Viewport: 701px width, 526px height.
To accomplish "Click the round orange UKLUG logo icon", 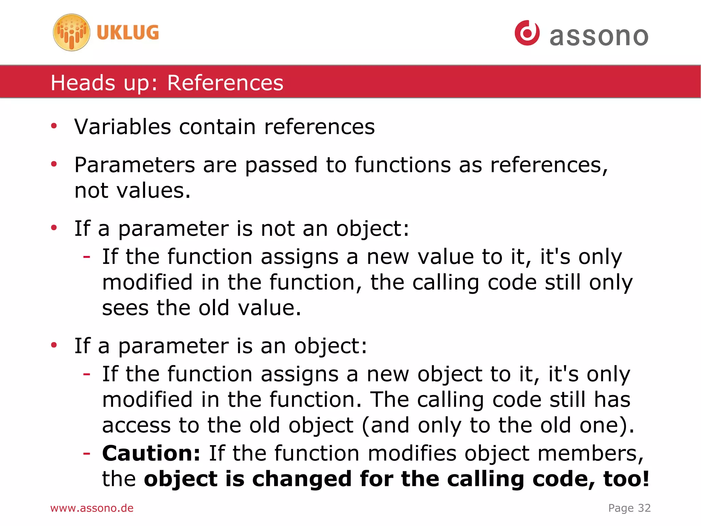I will click(x=72, y=33).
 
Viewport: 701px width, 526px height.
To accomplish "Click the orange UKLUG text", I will click(x=128, y=33).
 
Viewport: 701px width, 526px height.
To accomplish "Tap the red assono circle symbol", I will click(x=527, y=33).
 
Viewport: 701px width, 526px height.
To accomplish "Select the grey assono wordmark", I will click(x=599, y=36).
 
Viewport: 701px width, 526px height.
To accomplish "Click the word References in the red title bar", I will click(x=225, y=83).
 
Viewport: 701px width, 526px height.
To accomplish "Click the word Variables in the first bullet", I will click(x=122, y=127).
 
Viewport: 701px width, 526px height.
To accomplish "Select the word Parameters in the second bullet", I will click(x=135, y=165).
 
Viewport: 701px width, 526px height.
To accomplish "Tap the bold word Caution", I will click(x=151, y=453).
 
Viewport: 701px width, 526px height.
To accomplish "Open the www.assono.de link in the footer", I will click(x=92, y=508).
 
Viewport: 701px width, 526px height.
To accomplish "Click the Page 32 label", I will click(x=629, y=508).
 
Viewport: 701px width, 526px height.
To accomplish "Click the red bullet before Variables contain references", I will click(x=54, y=126).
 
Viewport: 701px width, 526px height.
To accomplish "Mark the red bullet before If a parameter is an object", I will click(x=54, y=345).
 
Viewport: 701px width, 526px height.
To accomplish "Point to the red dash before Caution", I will click(x=87, y=453).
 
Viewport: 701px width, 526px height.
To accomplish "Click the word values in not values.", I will click(x=153, y=191).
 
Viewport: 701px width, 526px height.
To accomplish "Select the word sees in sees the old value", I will click(x=125, y=308).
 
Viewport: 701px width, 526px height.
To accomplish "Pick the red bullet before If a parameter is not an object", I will click(x=54, y=228).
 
